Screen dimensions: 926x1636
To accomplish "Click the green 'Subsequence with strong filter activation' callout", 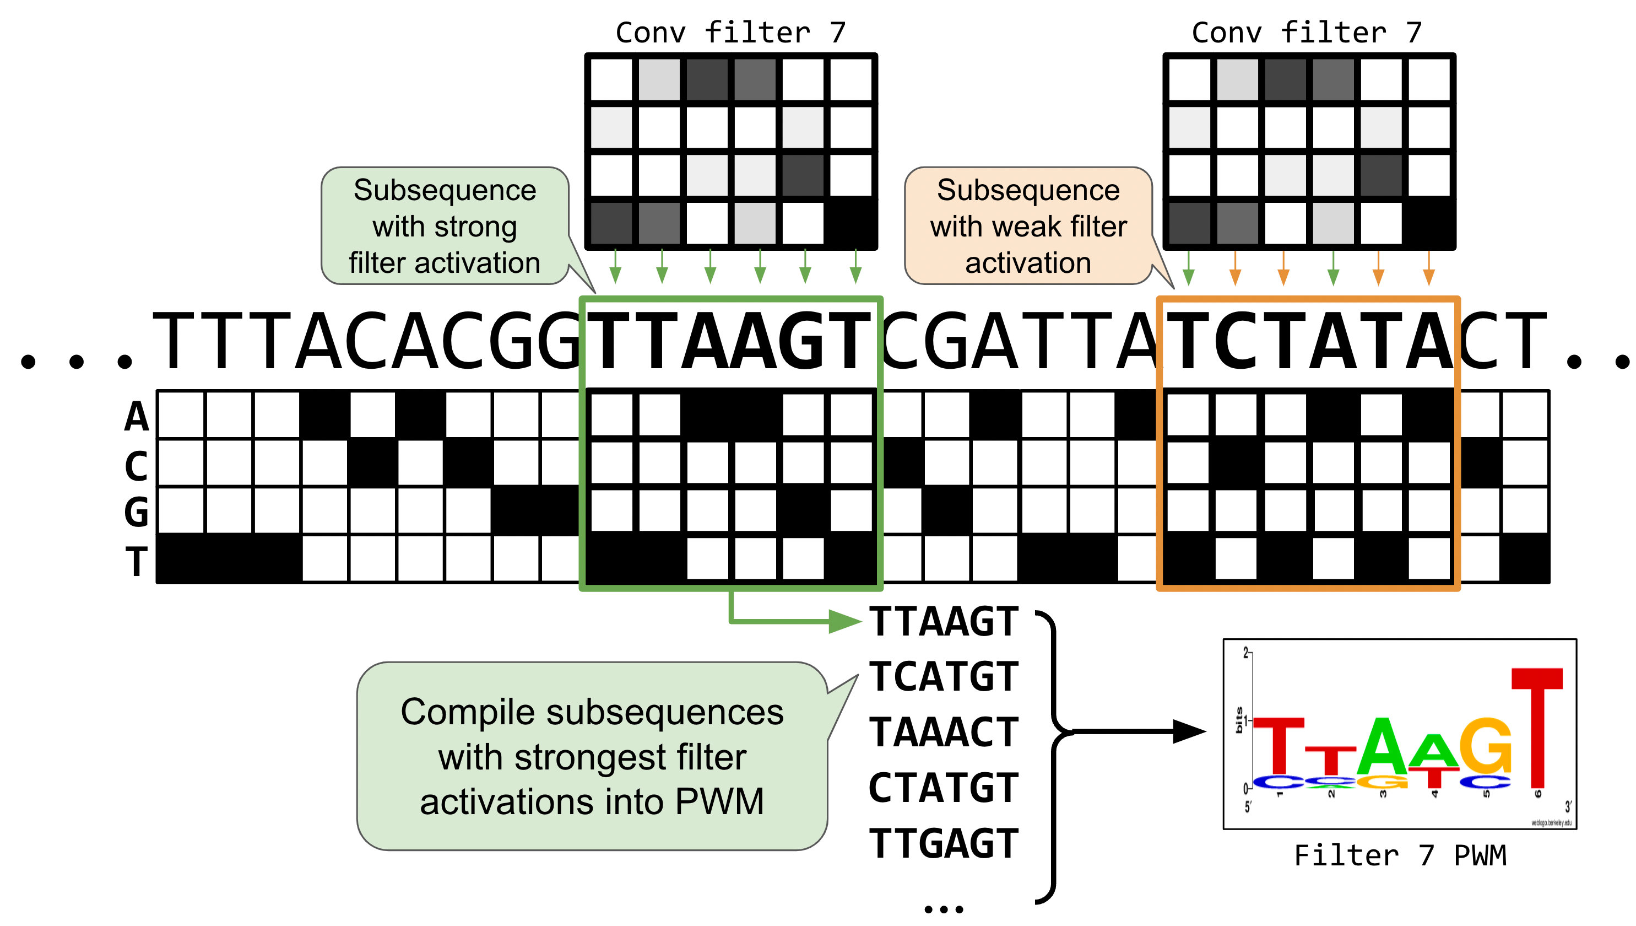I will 445,226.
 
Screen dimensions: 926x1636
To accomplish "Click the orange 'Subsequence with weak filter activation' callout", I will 1028,226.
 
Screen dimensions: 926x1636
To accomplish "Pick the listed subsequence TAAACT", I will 943,732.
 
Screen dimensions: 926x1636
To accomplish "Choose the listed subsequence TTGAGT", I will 943,844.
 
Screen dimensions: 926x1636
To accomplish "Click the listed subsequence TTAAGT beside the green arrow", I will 943,621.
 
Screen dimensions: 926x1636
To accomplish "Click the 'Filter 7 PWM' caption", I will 1400,855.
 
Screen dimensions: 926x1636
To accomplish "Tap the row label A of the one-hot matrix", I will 137,417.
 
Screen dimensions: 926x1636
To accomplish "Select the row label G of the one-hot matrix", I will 137,512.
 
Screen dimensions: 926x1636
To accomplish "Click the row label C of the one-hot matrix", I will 137,466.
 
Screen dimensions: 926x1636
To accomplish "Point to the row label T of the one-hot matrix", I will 137,561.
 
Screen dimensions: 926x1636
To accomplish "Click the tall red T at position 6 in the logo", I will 1536,725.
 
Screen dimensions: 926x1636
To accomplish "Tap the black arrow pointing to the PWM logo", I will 1137,731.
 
